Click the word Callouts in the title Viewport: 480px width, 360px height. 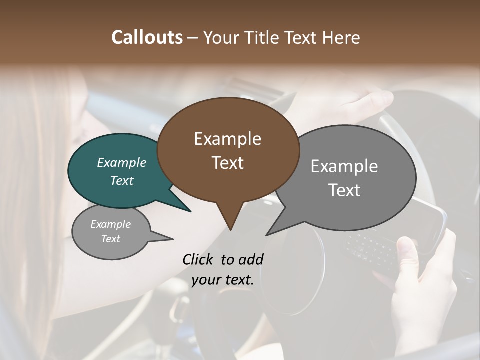pos(147,37)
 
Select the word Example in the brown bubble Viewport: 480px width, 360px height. pos(227,139)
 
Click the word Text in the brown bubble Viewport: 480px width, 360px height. pos(227,163)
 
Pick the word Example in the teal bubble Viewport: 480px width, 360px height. pos(121,162)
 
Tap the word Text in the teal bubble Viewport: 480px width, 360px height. pos(121,180)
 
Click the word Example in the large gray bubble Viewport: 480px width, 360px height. pos(344,166)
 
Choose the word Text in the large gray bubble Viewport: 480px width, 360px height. pos(344,190)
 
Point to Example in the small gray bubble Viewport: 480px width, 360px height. pos(110,224)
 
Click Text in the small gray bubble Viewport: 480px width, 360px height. pos(110,239)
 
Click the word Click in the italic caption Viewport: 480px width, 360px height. pos(199,260)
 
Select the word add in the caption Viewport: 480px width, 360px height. pos(250,260)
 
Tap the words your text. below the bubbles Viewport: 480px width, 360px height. pos(222,280)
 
